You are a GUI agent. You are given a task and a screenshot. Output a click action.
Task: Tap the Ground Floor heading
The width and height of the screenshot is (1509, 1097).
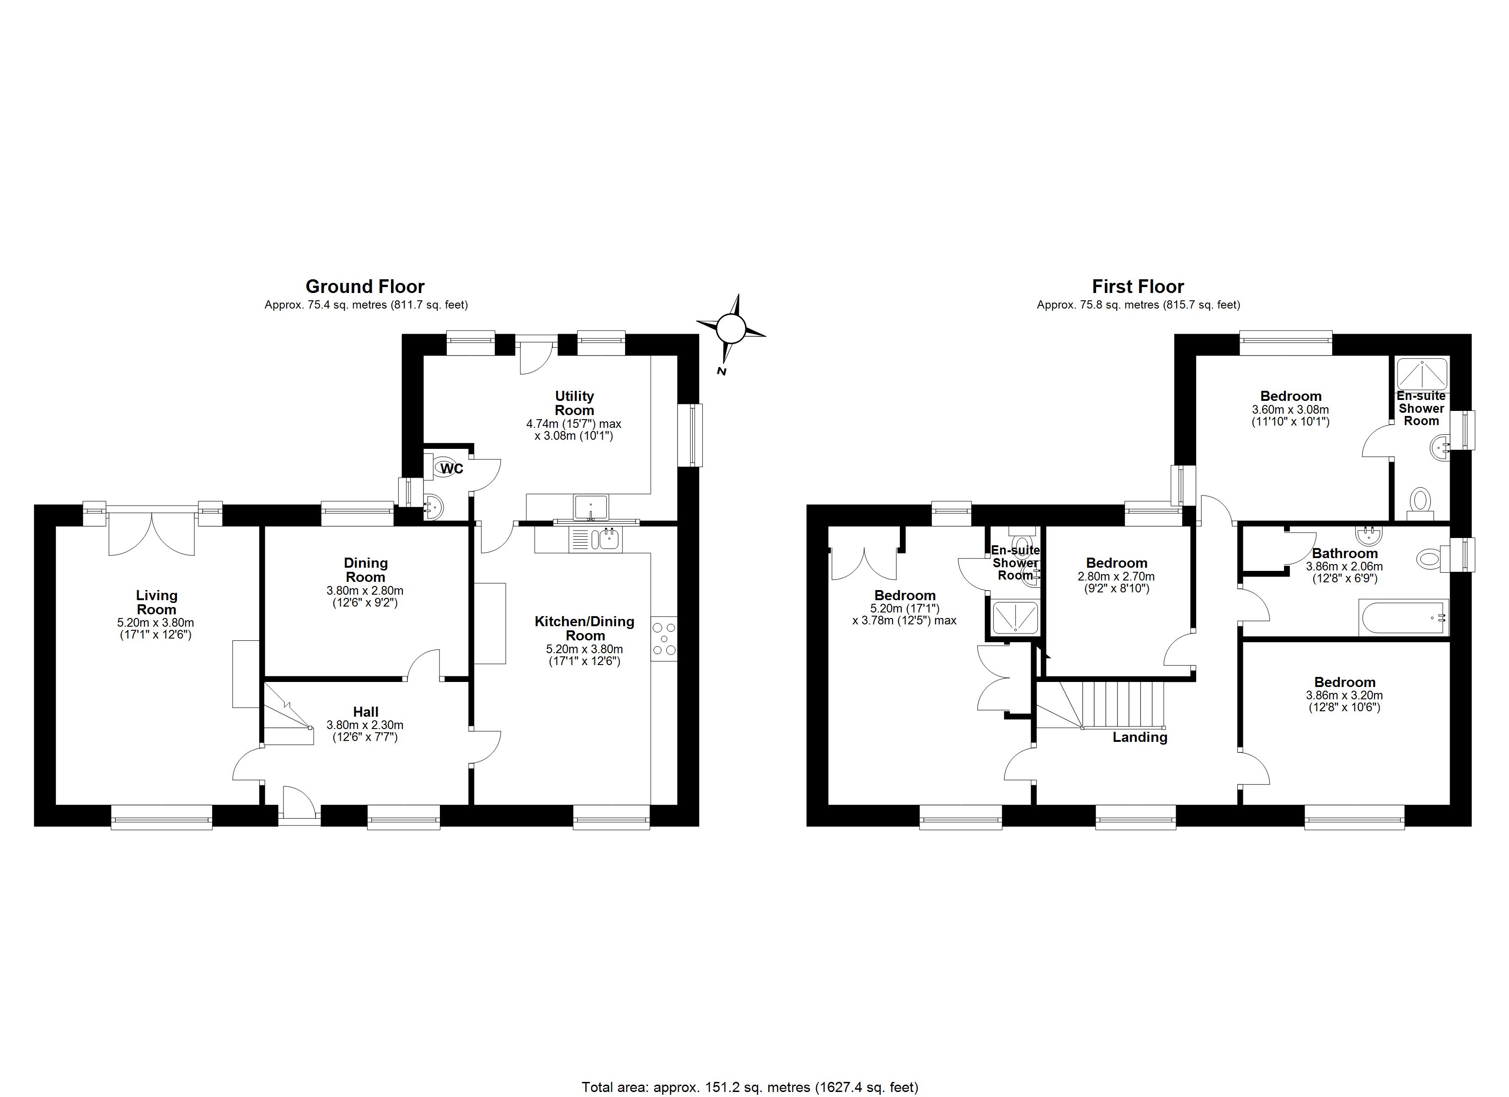(x=364, y=287)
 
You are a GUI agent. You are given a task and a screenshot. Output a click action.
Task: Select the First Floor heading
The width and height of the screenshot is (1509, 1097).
(x=1138, y=287)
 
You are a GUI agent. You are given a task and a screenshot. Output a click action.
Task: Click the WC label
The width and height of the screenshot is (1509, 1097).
(x=452, y=469)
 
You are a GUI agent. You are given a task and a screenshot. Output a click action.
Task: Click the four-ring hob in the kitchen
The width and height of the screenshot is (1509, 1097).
(x=664, y=639)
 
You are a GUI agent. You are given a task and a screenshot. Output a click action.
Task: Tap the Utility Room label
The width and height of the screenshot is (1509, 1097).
(x=574, y=403)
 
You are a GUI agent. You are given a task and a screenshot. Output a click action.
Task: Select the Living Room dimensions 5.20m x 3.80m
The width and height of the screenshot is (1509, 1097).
(x=155, y=623)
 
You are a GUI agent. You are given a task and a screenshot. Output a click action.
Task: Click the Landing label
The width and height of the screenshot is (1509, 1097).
(x=1140, y=737)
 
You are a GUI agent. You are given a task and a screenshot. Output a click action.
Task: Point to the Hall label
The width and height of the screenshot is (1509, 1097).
(x=365, y=712)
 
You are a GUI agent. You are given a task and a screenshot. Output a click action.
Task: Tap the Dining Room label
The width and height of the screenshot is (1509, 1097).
(x=365, y=570)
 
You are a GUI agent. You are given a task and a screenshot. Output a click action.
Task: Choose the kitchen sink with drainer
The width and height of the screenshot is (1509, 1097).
(x=595, y=539)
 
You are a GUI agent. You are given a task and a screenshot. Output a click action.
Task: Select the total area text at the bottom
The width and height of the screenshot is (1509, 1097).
(x=750, y=1087)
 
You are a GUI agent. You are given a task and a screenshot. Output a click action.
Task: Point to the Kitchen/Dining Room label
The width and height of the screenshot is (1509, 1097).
(x=584, y=628)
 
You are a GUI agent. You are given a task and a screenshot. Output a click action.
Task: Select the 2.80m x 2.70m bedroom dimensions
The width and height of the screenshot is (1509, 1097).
(x=1116, y=577)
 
